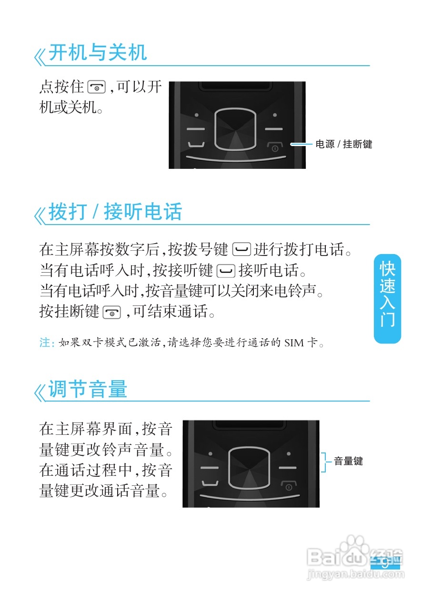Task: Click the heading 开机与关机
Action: pyautogui.click(x=98, y=53)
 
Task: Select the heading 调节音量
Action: pyautogui.click(x=88, y=390)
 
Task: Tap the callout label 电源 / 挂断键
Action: pyautogui.click(x=343, y=144)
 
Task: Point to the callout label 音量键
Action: pyautogui.click(x=348, y=461)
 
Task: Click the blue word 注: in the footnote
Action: pyautogui.click(x=47, y=343)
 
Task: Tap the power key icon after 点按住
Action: pyautogui.click(x=97, y=88)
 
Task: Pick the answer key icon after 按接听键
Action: pyautogui.click(x=225, y=271)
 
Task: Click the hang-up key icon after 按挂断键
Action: pyautogui.click(x=111, y=312)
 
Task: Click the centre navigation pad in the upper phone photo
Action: pyautogui.click(x=235, y=129)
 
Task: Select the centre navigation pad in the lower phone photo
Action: pyautogui.click(x=249, y=467)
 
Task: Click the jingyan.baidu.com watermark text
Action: pyautogui.click(x=355, y=575)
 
